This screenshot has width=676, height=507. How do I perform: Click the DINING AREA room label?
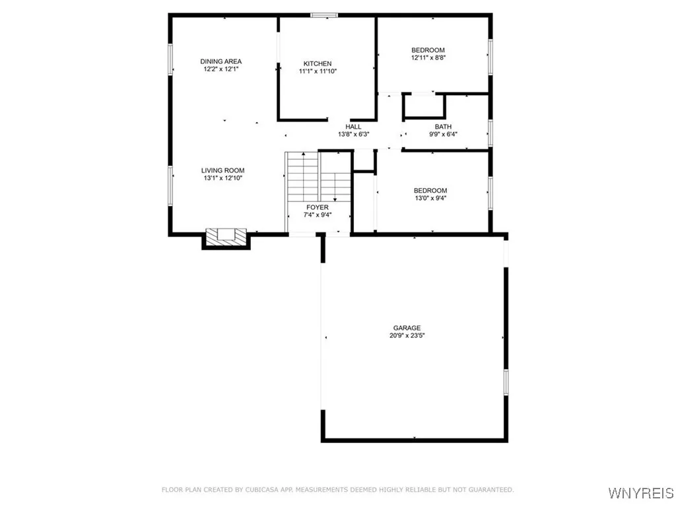coord(220,61)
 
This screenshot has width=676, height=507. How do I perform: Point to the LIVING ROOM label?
coord(222,170)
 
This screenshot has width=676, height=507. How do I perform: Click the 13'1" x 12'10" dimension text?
coord(222,178)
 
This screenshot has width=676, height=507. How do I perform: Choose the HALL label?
coord(353,126)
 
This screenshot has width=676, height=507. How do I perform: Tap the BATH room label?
coord(442,126)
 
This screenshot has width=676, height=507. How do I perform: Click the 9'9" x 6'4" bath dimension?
coord(442,134)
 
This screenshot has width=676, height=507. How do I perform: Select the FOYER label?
coord(317,207)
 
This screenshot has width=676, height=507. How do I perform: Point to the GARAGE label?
coord(407,327)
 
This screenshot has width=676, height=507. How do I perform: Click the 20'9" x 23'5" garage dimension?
coord(407,335)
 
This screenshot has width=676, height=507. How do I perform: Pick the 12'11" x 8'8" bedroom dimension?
coord(428,58)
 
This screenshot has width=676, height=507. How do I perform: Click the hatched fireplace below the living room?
coord(226,236)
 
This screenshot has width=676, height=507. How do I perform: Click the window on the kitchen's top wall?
coord(324,15)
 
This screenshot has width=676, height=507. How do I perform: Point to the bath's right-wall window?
coord(490,131)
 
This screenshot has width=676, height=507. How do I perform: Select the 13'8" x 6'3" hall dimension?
coord(353,134)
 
